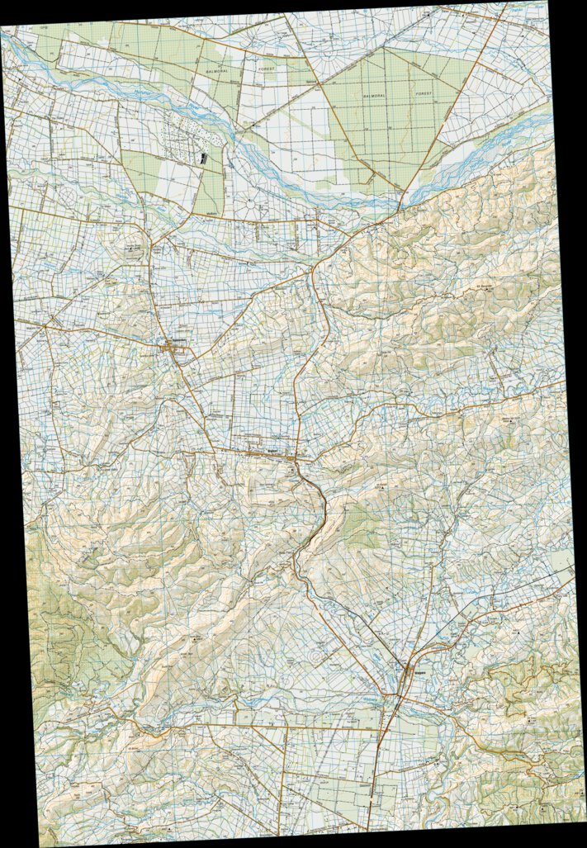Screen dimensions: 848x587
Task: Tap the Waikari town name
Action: pyautogui.click(x=272, y=452)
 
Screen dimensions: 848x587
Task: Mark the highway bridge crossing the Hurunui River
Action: pyautogui.click(x=402, y=201)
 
